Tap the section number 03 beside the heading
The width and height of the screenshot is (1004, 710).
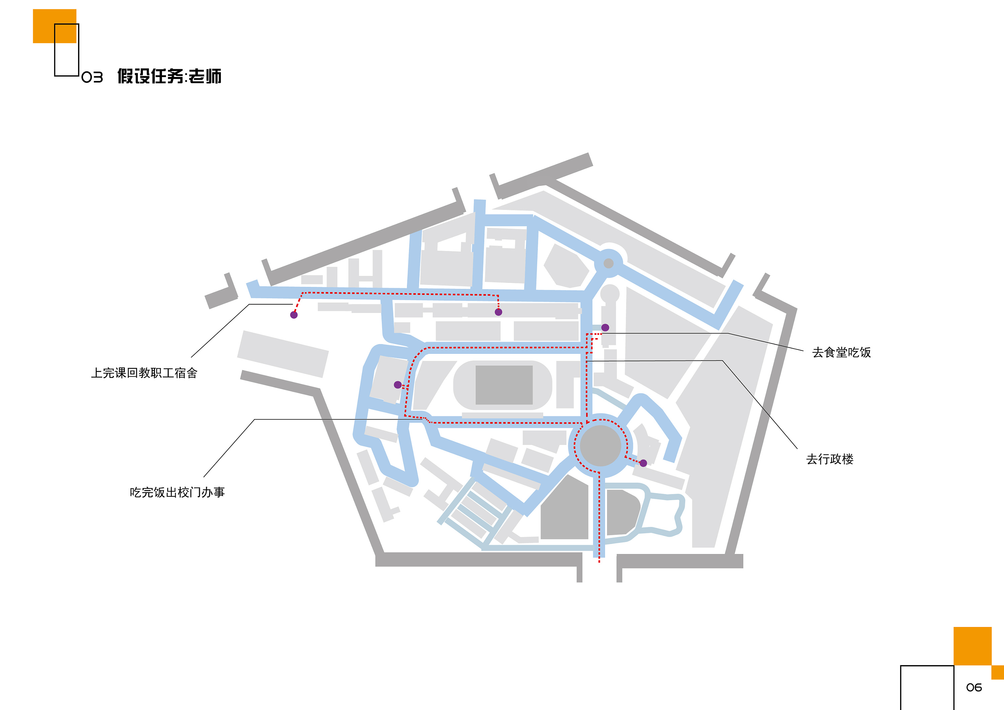click(x=92, y=77)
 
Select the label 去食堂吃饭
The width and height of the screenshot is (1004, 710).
click(x=841, y=352)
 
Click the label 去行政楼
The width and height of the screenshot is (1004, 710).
click(x=830, y=459)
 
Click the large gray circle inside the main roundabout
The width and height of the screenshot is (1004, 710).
click(x=600, y=446)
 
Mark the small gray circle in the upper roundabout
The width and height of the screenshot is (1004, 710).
click(x=608, y=263)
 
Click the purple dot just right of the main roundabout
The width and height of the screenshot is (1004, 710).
click(x=643, y=463)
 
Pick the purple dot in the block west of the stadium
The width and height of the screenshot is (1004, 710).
click(x=398, y=385)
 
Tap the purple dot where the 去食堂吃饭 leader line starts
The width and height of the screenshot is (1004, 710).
click(x=605, y=328)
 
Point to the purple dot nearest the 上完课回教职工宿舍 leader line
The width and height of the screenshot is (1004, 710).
click(x=294, y=315)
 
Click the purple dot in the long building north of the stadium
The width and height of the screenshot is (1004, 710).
click(x=499, y=312)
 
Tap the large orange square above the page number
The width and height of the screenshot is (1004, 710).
click(x=973, y=646)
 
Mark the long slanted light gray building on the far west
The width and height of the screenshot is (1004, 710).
click(x=283, y=354)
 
